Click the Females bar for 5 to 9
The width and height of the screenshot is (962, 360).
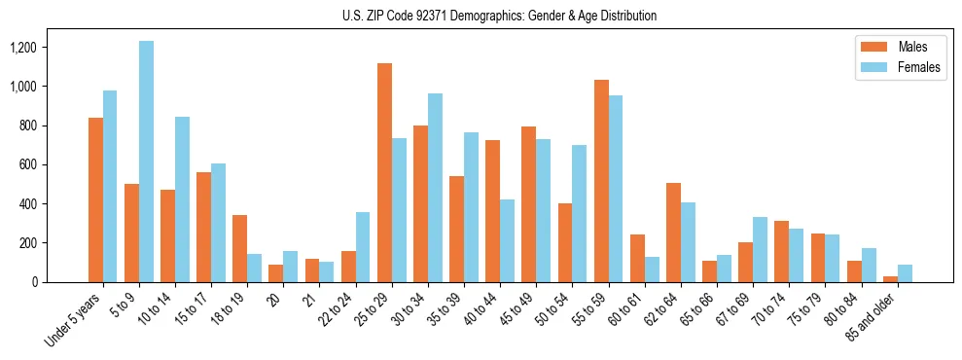coord(146,162)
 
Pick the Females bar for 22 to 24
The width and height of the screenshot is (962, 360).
coord(363,247)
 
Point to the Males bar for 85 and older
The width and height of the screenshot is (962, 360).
coord(890,279)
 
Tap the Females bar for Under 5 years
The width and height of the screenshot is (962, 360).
coord(110,186)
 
